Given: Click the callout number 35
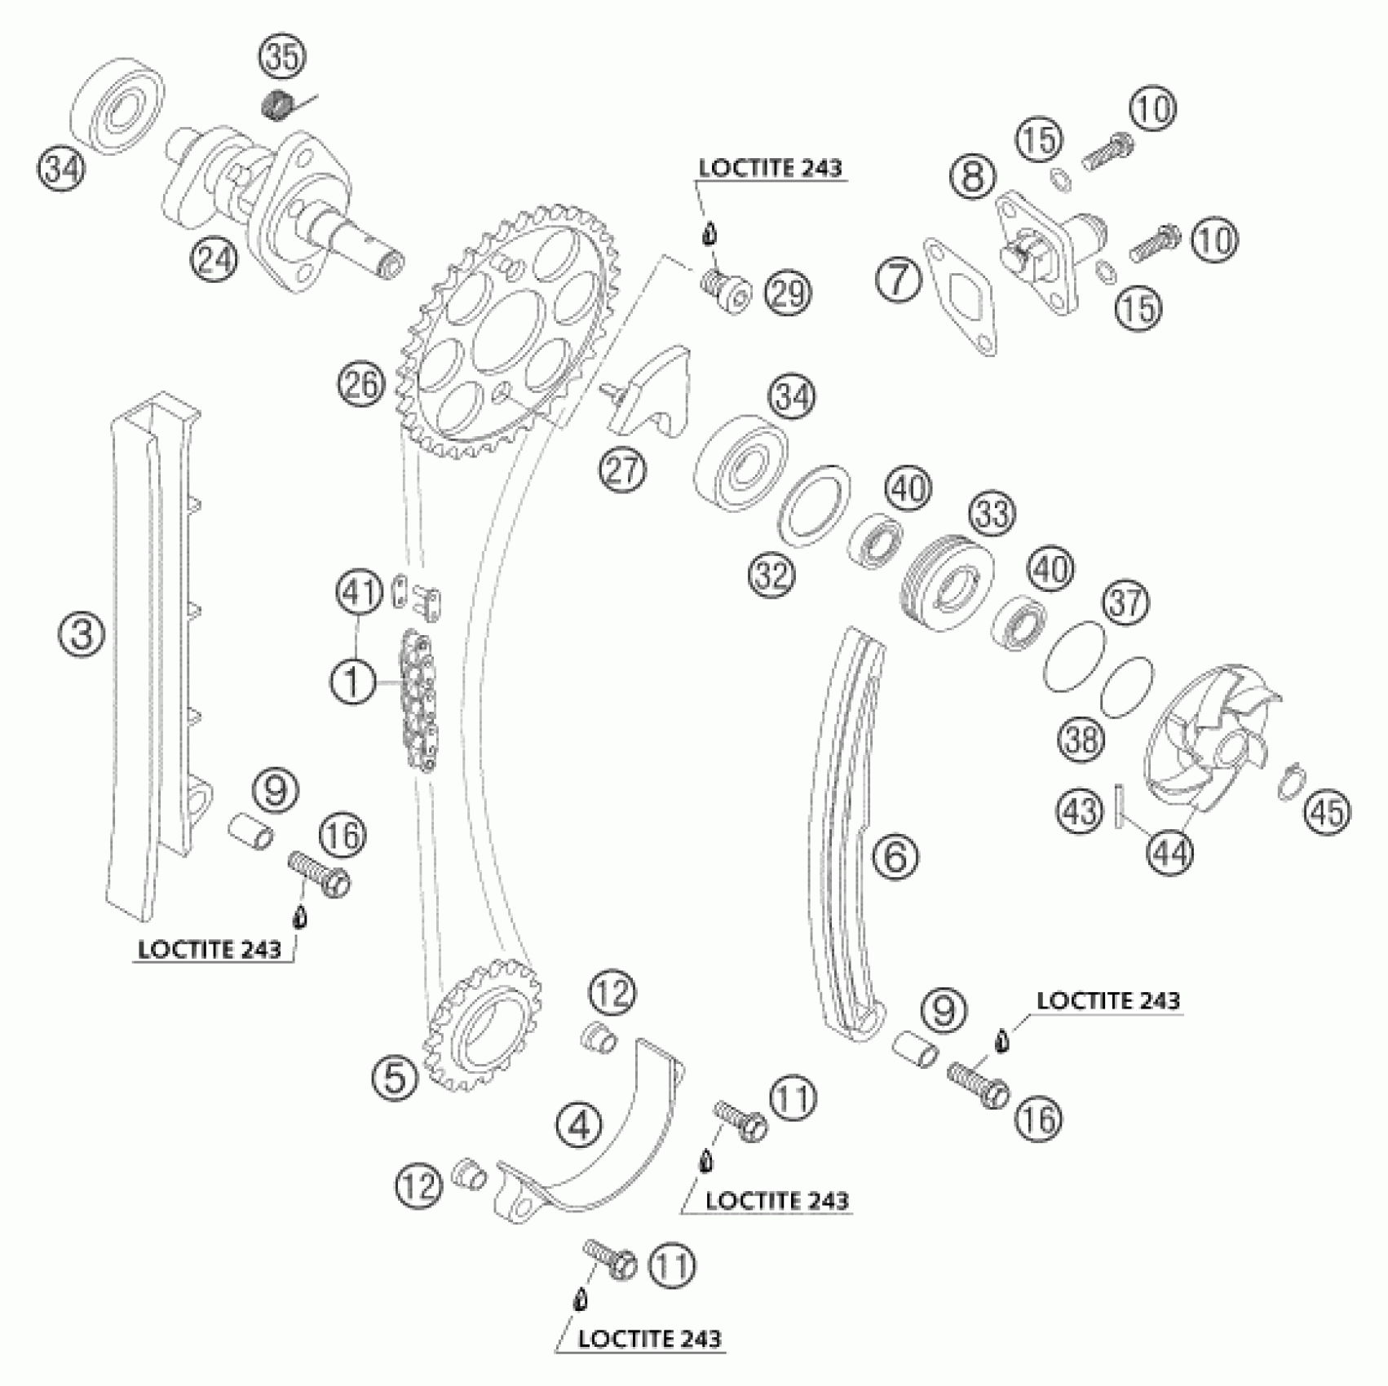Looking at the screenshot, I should [281, 59].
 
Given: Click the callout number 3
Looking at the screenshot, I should [82, 633].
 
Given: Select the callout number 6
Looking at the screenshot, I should [895, 857].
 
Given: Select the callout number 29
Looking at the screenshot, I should [788, 294].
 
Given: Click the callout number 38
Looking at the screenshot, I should [1081, 740].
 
